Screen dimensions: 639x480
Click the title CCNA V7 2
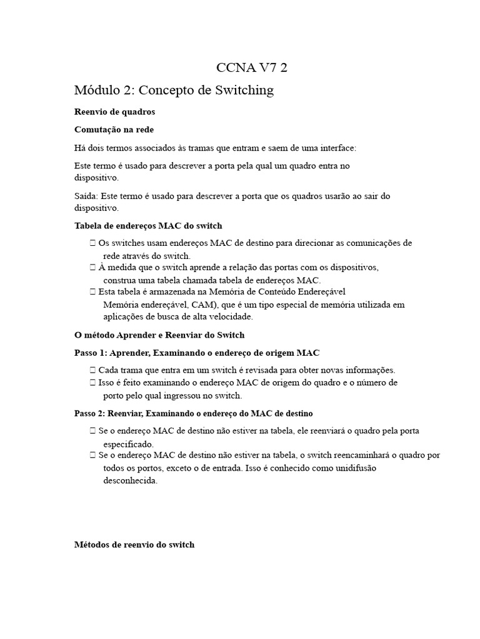click(x=252, y=67)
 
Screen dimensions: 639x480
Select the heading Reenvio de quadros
click(x=114, y=112)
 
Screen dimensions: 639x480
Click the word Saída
click(x=86, y=196)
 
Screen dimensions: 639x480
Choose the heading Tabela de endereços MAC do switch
click(x=148, y=226)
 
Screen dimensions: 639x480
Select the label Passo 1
click(x=90, y=353)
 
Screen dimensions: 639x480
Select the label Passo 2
click(x=90, y=413)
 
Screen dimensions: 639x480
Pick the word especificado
click(x=128, y=444)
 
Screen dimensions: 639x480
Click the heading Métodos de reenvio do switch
click(x=134, y=545)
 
